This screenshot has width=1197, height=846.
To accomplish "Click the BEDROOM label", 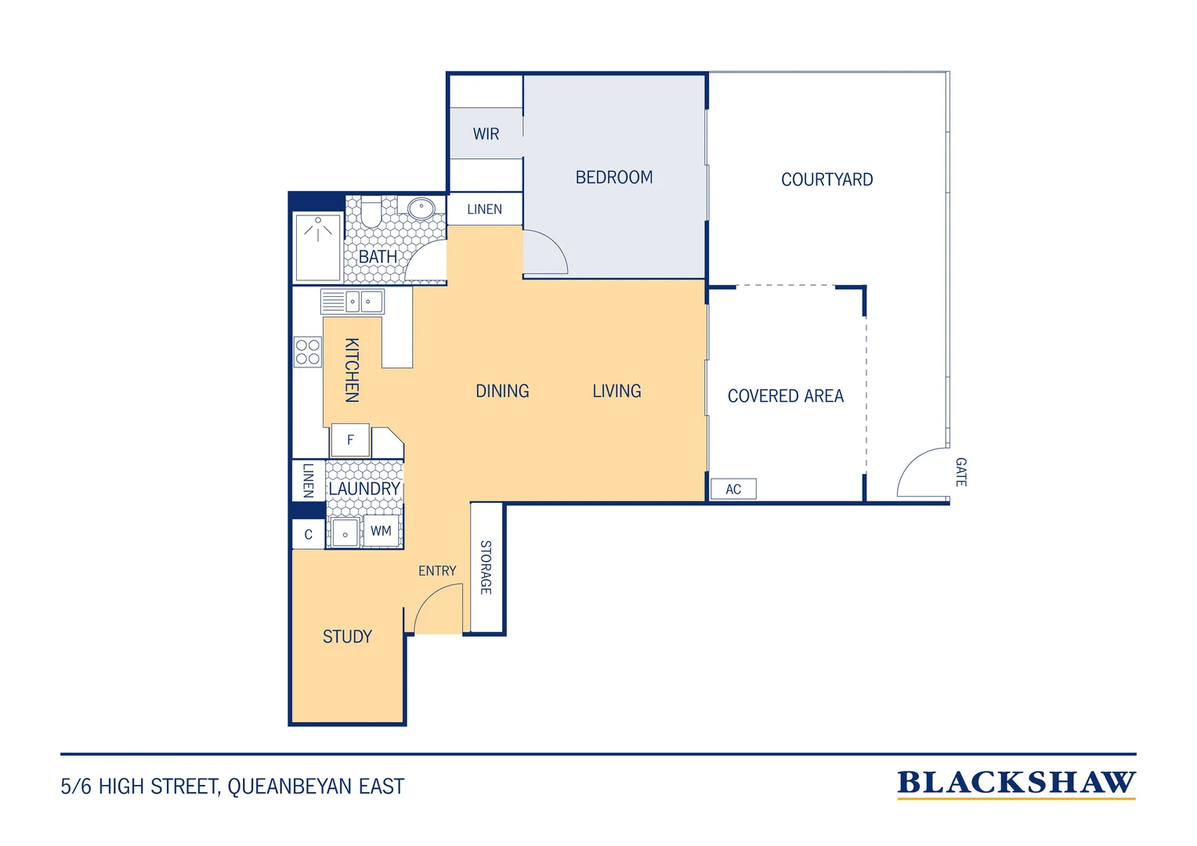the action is click(614, 178).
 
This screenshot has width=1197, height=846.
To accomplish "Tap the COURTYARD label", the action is click(826, 179).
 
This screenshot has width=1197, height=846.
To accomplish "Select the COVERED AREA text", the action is click(786, 396).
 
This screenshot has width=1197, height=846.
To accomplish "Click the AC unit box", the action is click(733, 489).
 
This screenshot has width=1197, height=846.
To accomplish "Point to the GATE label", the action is click(960, 472).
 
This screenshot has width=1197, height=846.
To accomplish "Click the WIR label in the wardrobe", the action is click(486, 134).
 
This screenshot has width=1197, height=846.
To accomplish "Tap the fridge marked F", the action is click(350, 439).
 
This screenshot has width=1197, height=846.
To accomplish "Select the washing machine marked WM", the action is click(381, 530).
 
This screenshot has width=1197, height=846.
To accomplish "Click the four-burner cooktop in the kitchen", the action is click(308, 352).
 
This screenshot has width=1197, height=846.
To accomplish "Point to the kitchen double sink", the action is click(353, 302).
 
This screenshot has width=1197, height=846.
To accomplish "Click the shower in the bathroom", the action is click(318, 247).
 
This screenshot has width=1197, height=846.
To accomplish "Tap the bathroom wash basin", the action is click(421, 208).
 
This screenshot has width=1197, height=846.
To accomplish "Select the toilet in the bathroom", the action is click(371, 211).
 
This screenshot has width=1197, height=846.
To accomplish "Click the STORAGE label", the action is click(486, 567).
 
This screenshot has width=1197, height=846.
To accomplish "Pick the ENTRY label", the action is click(437, 571).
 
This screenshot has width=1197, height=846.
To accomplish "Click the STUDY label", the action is click(347, 637).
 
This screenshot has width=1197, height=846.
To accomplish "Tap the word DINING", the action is click(502, 391).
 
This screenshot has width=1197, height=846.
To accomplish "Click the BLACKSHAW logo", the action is click(1016, 784).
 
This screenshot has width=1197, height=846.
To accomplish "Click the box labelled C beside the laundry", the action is click(309, 534).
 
